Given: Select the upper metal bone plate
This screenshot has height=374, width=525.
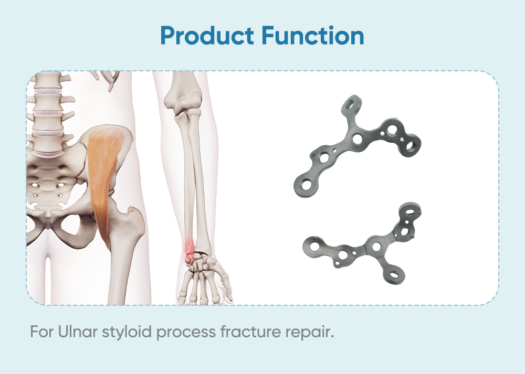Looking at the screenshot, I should coord(357,144).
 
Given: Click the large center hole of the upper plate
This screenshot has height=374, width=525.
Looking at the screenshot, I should coord(358,138).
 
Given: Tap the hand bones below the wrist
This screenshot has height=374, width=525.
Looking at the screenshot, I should coord(202,278).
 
